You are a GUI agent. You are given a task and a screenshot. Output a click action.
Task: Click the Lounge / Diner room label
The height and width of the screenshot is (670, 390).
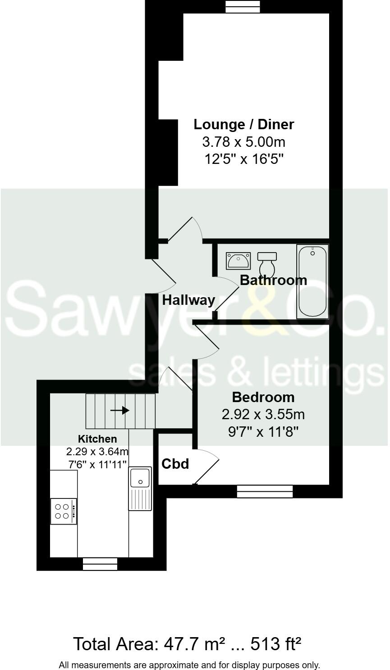pyautogui.click(x=243, y=124)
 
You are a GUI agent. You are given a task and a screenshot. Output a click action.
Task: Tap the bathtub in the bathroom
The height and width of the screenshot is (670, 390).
pyautogui.click(x=312, y=281)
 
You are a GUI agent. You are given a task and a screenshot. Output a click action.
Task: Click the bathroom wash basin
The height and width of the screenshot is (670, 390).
pyautogui.click(x=238, y=261)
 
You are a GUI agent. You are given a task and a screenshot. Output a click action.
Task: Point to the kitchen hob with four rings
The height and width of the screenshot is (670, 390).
pyautogui.click(x=63, y=511)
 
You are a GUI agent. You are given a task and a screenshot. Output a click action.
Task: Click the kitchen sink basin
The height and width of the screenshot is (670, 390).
pyautogui.click(x=140, y=478)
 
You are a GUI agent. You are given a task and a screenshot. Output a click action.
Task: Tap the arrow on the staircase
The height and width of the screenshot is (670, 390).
pyautogui.click(x=120, y=411)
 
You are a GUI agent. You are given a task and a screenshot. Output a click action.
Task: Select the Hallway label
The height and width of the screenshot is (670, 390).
pyautogui.click(x=188, y=300)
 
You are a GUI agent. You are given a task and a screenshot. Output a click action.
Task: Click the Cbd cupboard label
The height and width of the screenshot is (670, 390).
pyautogui.click(x=175, y=464)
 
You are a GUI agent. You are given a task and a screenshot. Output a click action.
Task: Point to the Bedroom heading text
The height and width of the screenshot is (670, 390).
pyautogui.click(x=263, y=397)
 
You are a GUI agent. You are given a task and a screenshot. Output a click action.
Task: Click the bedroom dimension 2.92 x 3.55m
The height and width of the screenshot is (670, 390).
pyautogui.click(x=263, y=414)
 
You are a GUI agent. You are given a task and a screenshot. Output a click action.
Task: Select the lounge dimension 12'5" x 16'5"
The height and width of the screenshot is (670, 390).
pyautogui.click(x=243, y=159)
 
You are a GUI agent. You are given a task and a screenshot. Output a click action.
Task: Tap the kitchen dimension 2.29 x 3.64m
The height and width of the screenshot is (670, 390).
pyautogui.click(x=97, y=451)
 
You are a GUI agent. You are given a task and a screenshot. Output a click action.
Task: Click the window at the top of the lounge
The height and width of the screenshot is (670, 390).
pyautogui.click(x=243, y=6)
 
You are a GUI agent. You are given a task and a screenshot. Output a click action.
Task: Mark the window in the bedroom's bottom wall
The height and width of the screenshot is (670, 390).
pyautogui.click(x=265, y=491)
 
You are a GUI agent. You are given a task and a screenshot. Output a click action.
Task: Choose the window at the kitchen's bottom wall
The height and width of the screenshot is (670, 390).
pyautogui.click(x=100, y=564)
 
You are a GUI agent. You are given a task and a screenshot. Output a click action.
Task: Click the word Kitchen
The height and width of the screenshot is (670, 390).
pyautogui.click(x=97, y=439)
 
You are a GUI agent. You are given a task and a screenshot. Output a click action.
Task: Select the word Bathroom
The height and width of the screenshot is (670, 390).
pyautogui.click(x=273, y=280)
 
